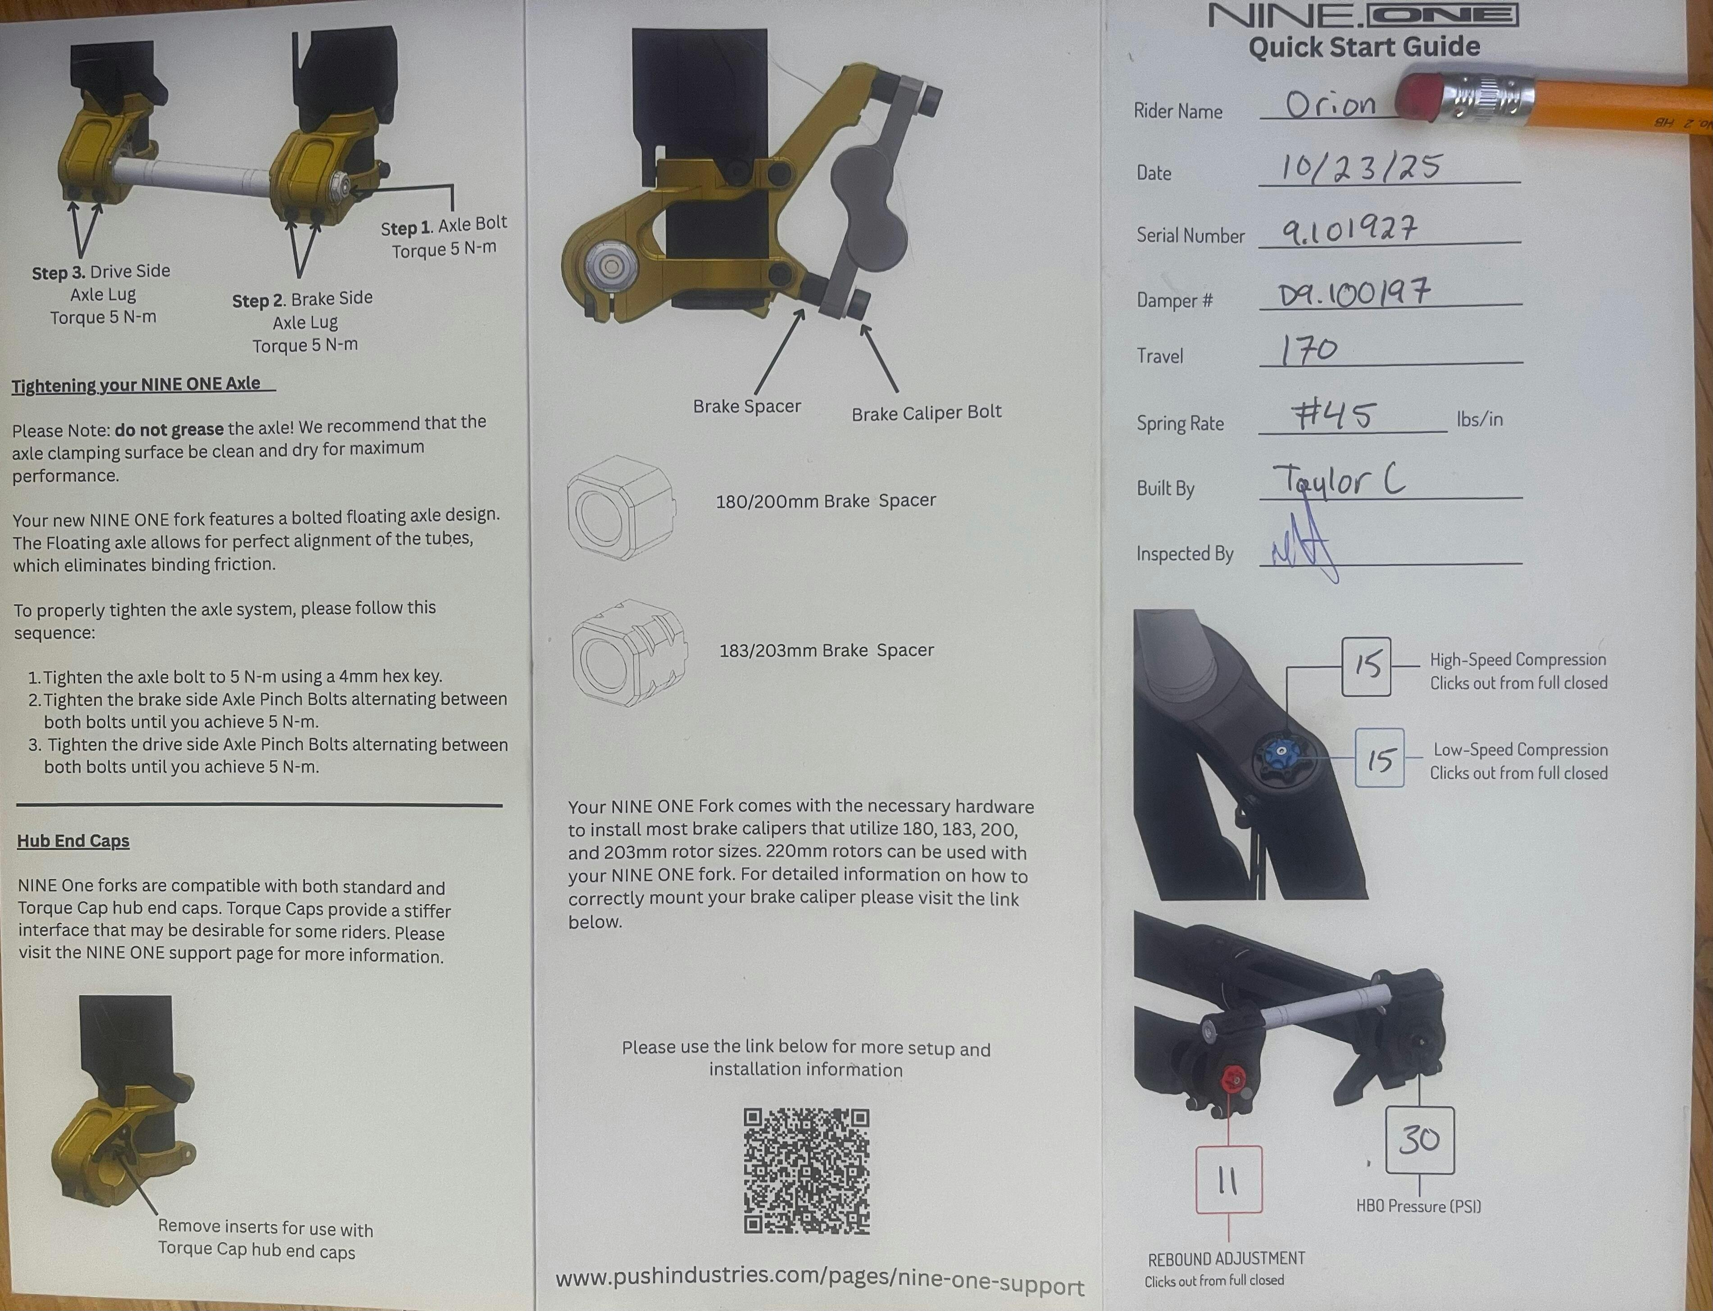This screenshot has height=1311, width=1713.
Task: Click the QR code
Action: coord(806,1170)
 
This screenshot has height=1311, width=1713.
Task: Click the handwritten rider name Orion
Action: coord(1331,104)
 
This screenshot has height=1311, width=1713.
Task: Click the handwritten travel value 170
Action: coord(1309,350)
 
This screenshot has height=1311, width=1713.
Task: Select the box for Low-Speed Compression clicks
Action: coord(1380,758)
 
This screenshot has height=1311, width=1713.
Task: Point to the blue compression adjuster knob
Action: coord(1279,753)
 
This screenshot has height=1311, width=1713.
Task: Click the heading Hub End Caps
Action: coord(73,840)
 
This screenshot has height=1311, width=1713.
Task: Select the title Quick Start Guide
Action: coord(1364,47)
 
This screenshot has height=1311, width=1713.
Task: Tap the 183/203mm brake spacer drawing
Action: coord(629,653)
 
